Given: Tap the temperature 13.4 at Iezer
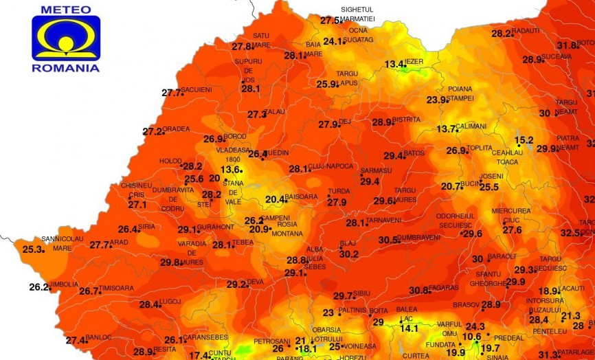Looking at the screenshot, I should tap(394, 65).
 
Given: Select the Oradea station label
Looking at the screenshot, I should tap(176, 129).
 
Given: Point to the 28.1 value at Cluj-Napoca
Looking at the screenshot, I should tap(299, 169).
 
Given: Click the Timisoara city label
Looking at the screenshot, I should tap(117, 289).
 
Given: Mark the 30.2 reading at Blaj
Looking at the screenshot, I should tap(349, 254).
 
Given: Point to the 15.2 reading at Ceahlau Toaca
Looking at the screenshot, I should tap(524, 140).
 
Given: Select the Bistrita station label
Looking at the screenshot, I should tap(406, 120).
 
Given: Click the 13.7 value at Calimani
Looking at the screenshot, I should tap(446, 128).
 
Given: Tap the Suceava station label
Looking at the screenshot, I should tap(557, 56).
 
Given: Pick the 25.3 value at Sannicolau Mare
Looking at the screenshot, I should tap(33, 249).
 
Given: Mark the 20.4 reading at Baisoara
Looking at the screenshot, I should tap(275, 200).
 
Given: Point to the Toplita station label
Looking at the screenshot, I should tap(480, 148).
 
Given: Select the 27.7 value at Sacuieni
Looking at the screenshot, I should tap(172, 93).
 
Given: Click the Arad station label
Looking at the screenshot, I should tap(119, 243).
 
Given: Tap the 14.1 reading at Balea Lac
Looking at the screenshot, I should tap(409, 328).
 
